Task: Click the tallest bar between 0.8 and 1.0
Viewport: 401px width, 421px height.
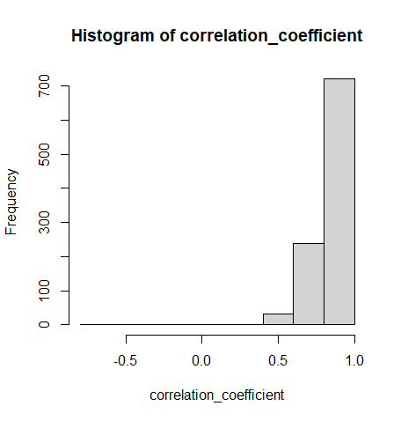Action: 339,203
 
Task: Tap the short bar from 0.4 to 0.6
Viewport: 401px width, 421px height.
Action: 278,319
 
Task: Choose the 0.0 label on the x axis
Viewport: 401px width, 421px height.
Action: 202,360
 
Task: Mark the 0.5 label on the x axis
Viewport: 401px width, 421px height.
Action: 279,360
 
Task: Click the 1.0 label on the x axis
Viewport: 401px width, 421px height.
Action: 354,360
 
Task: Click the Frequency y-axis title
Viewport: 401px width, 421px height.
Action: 11,202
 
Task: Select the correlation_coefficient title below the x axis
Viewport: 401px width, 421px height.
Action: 217,395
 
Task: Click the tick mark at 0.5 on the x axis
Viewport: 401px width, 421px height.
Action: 279,340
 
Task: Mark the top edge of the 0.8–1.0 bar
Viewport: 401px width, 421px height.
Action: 339,79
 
